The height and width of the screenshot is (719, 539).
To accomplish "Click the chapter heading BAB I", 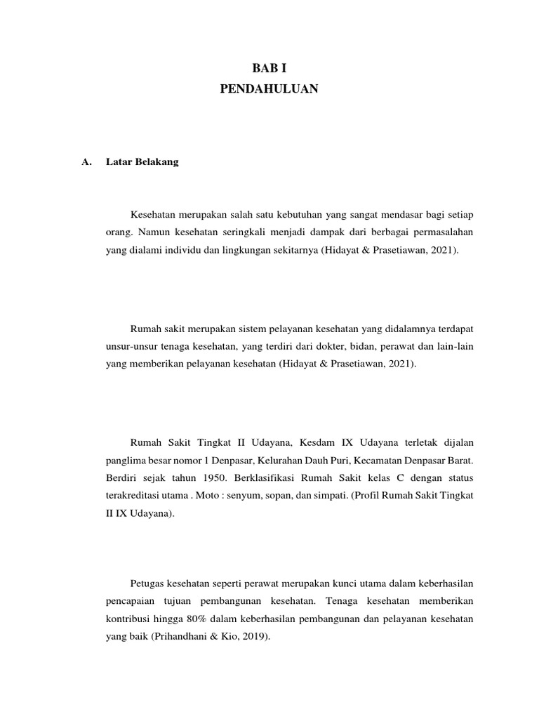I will (269, 69).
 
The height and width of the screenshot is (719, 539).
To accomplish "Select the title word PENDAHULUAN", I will (269, 89).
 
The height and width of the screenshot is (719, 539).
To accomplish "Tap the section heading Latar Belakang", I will (142, 162).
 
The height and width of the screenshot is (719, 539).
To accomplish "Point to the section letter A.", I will (87, 162).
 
